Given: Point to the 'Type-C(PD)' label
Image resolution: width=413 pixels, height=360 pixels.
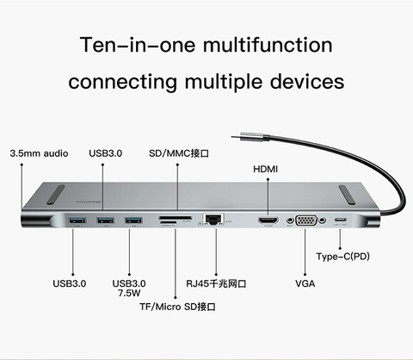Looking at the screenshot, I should click(x=344, y=257).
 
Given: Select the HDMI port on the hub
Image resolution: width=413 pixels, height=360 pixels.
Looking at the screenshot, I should click(x=268, y=222).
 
